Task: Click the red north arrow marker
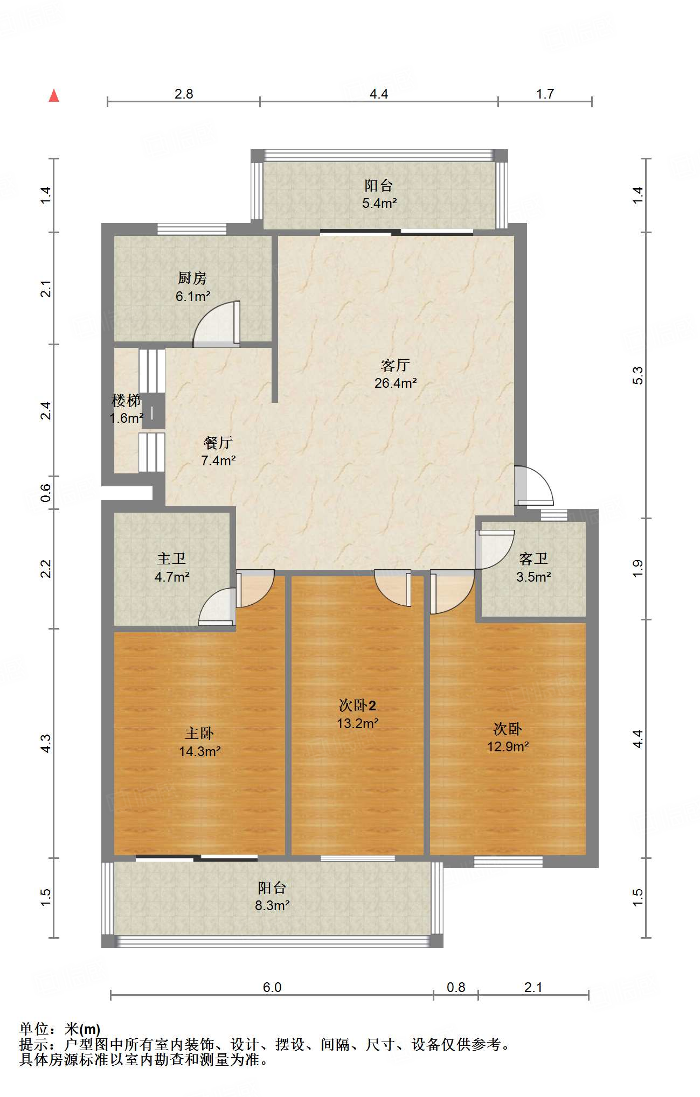coord(54,96)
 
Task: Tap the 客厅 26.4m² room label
coord(396,374)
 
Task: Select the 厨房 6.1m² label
coord(192,287)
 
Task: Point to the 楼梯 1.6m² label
coord(126,409)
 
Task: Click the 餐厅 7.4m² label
coord(218,451)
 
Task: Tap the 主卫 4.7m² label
coord(172,568)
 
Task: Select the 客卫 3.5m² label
coord(533,568)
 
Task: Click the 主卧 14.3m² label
coord(200,742)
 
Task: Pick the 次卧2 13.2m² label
coord(357,714)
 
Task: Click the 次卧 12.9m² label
coord(508,737)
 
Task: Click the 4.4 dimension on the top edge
coord(379,94)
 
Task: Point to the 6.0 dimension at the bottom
coord(272,987)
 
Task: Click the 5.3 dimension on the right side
coord(638,375)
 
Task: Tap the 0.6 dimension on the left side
coord(46,492)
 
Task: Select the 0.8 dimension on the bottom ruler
coord(456,987)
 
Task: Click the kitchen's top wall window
coord(191,229)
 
